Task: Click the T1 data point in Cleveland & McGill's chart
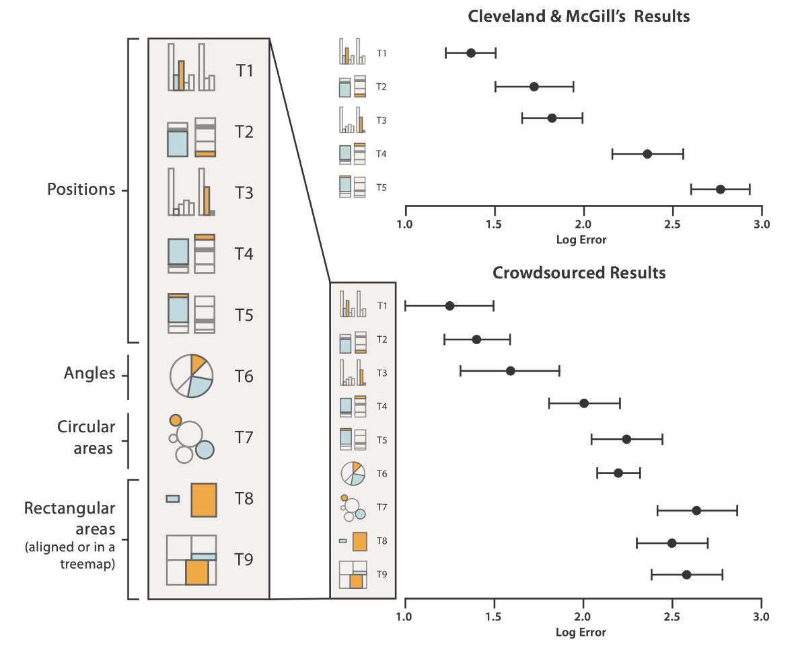point(471,53)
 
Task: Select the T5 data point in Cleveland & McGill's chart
point(721,190)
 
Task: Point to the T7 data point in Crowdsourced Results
point(696,511)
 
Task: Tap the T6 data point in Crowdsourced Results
point(618,473)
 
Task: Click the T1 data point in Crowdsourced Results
point(449,306)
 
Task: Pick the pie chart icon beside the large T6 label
point(191,375)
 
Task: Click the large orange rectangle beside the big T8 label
point(204,499)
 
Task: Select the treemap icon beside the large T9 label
point(191,560)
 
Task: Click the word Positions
point(81,190)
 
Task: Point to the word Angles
point(89,373)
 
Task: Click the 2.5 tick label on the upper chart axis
point(672,225)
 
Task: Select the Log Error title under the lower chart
point(581,633)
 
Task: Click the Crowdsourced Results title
point(579,273)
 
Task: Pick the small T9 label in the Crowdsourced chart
point(382,574)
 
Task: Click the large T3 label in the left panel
point(244,193)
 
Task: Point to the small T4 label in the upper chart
point(382,154)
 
